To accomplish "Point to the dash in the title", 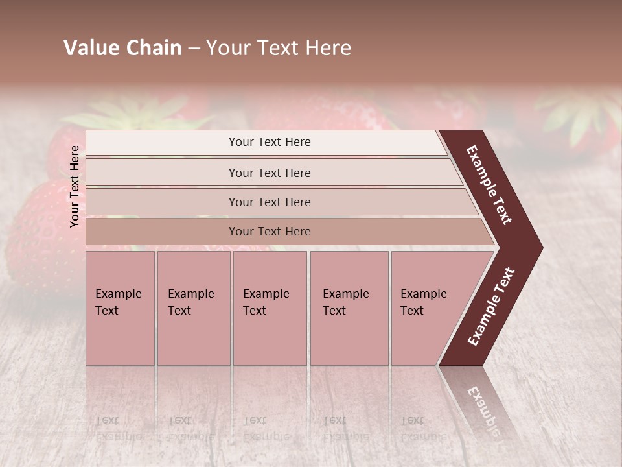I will click(194, 49).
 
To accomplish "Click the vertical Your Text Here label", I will click(75, 186).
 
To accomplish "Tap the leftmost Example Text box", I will click(120, 308).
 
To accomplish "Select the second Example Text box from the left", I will click(193, 308).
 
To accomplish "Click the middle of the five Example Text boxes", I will click(270, 308).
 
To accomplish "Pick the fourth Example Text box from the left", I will click(349, 308).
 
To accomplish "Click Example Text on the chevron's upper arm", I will click(489, 185).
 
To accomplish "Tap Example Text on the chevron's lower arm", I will click(491, 307).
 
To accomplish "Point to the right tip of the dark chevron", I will click(541, 247).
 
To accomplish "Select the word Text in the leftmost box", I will click(107, 311).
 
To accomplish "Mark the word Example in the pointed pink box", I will click(424, 294).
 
